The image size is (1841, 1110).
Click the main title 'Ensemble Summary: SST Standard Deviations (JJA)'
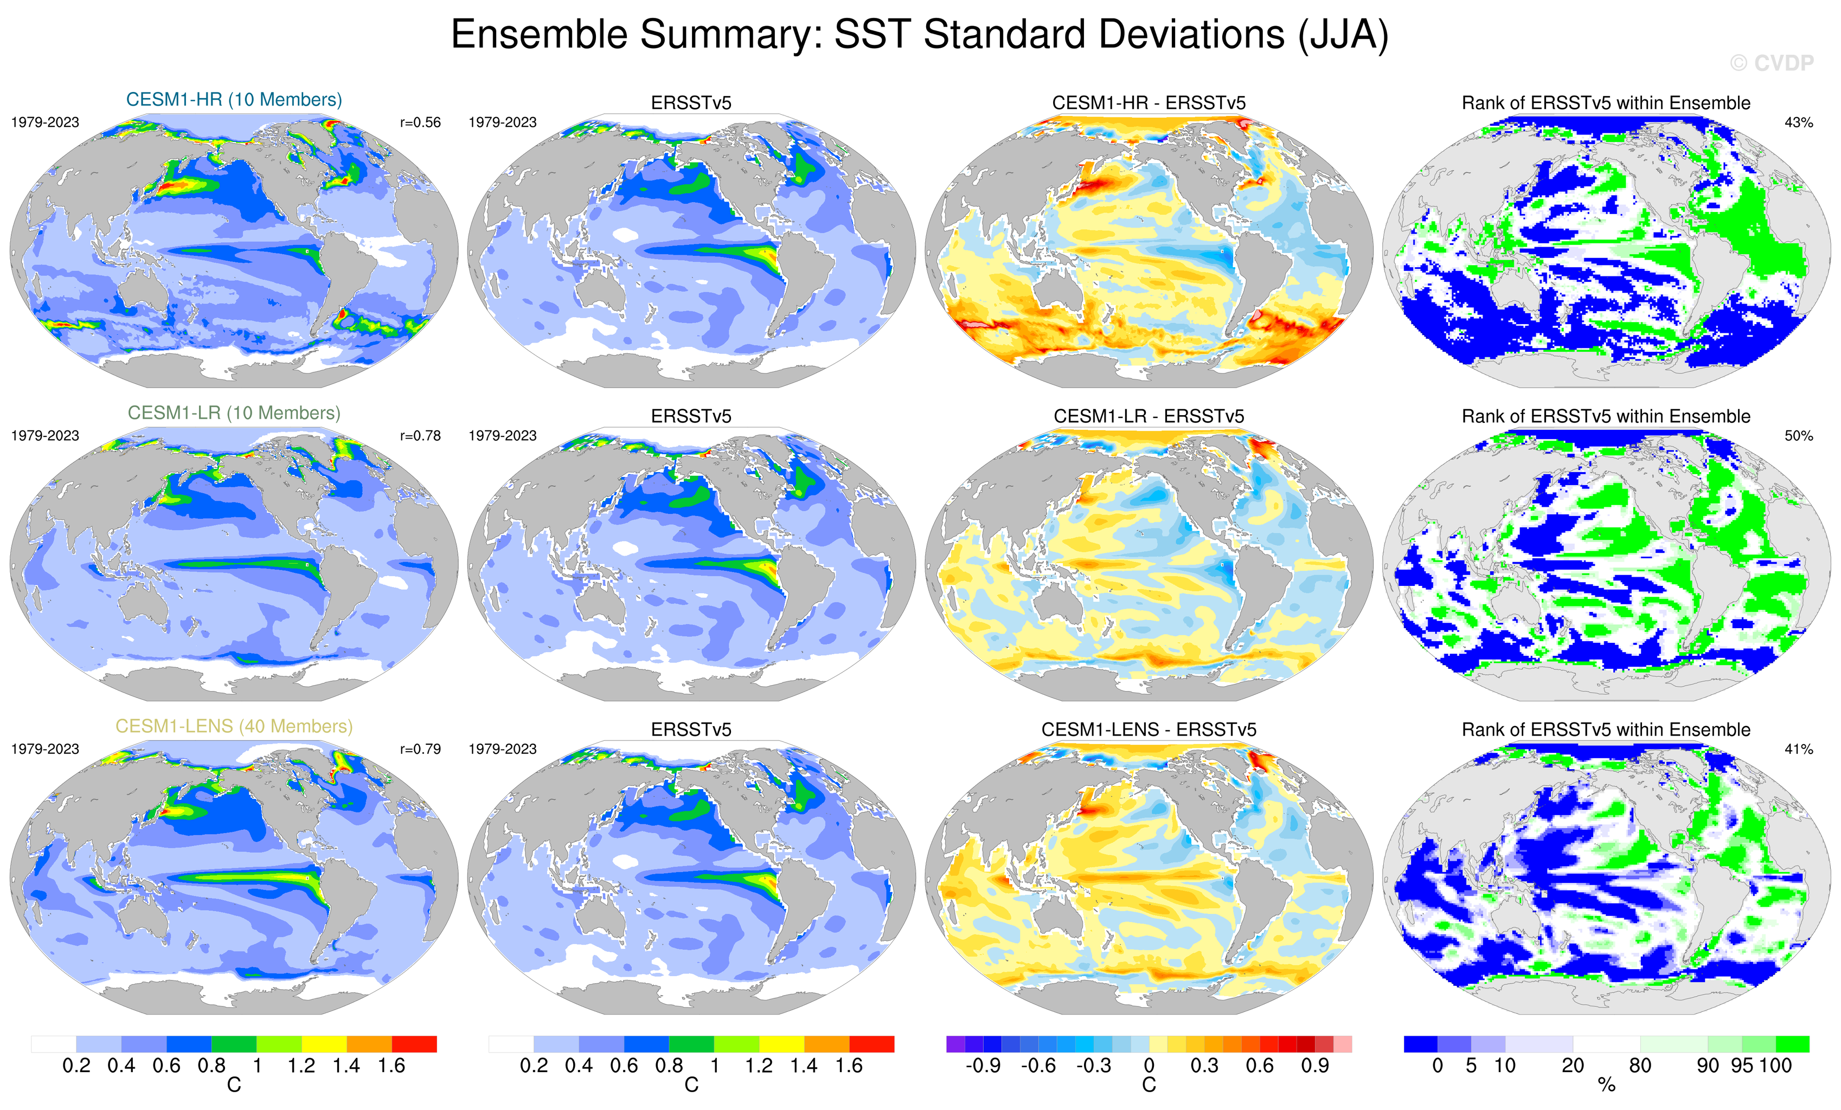[920, 34]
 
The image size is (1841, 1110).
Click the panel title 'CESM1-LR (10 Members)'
[234, 413]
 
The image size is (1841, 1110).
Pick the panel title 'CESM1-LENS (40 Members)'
[234, 726]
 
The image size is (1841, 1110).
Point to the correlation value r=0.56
[420, 122]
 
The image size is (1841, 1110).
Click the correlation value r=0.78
[420, 435]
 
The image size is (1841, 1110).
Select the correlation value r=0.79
[420, 749]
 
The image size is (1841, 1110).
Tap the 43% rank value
[1798, 122]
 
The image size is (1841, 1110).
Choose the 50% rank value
[1798, 435]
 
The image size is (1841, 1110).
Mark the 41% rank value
[1798, 749]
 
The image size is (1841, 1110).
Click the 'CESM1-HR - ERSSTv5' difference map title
[1149, 103]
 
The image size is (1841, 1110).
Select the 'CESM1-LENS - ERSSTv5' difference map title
[1149, 730]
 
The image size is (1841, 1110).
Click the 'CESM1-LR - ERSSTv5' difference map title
[1149, 416]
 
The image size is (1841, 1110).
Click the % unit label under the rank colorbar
[1606, 1086]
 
